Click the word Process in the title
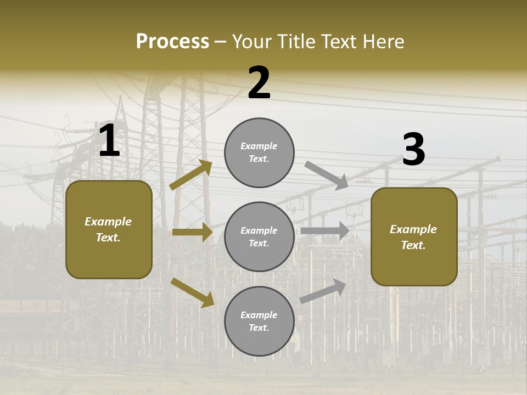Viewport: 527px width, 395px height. [x=172, y=42]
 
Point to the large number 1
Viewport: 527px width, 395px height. [x=109, y=141]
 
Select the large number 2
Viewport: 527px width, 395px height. [x=259, y=83]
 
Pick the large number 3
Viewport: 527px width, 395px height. [x=413, y=150]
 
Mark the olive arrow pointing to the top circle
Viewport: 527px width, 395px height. [x=191, y=175]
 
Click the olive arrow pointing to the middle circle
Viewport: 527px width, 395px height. [x=192, y=233]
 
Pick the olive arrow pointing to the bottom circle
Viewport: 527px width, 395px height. [x=192, y=292]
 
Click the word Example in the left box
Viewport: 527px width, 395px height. [x=108, y=222]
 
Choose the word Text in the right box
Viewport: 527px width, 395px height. [x=413, y=245]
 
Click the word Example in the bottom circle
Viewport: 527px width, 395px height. [x=259, y=315]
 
